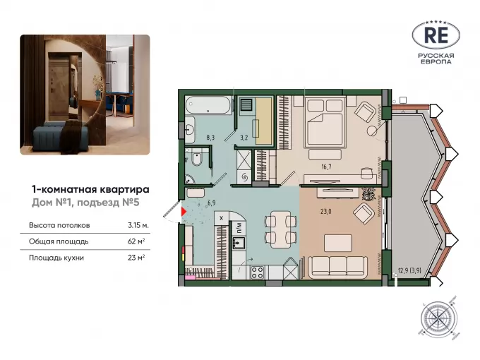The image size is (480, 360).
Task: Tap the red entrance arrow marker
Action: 184,212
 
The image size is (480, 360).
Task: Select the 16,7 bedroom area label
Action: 326,167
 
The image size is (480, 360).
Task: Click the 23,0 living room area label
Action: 326,211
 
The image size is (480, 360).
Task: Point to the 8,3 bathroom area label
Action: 210,138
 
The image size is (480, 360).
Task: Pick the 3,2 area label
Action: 244,138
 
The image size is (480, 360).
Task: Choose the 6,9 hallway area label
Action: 212,203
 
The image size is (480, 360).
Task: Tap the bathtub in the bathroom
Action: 208,105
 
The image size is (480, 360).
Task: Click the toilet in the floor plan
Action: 196,159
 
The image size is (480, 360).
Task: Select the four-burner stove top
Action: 257,272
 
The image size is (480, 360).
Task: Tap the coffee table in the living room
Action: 338,243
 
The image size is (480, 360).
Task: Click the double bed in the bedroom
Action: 325,121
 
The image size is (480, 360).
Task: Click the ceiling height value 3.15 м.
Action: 138,225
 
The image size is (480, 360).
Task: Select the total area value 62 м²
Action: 136,241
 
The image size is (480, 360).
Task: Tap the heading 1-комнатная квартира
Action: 90,189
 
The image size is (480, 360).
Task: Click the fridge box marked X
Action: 222,218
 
